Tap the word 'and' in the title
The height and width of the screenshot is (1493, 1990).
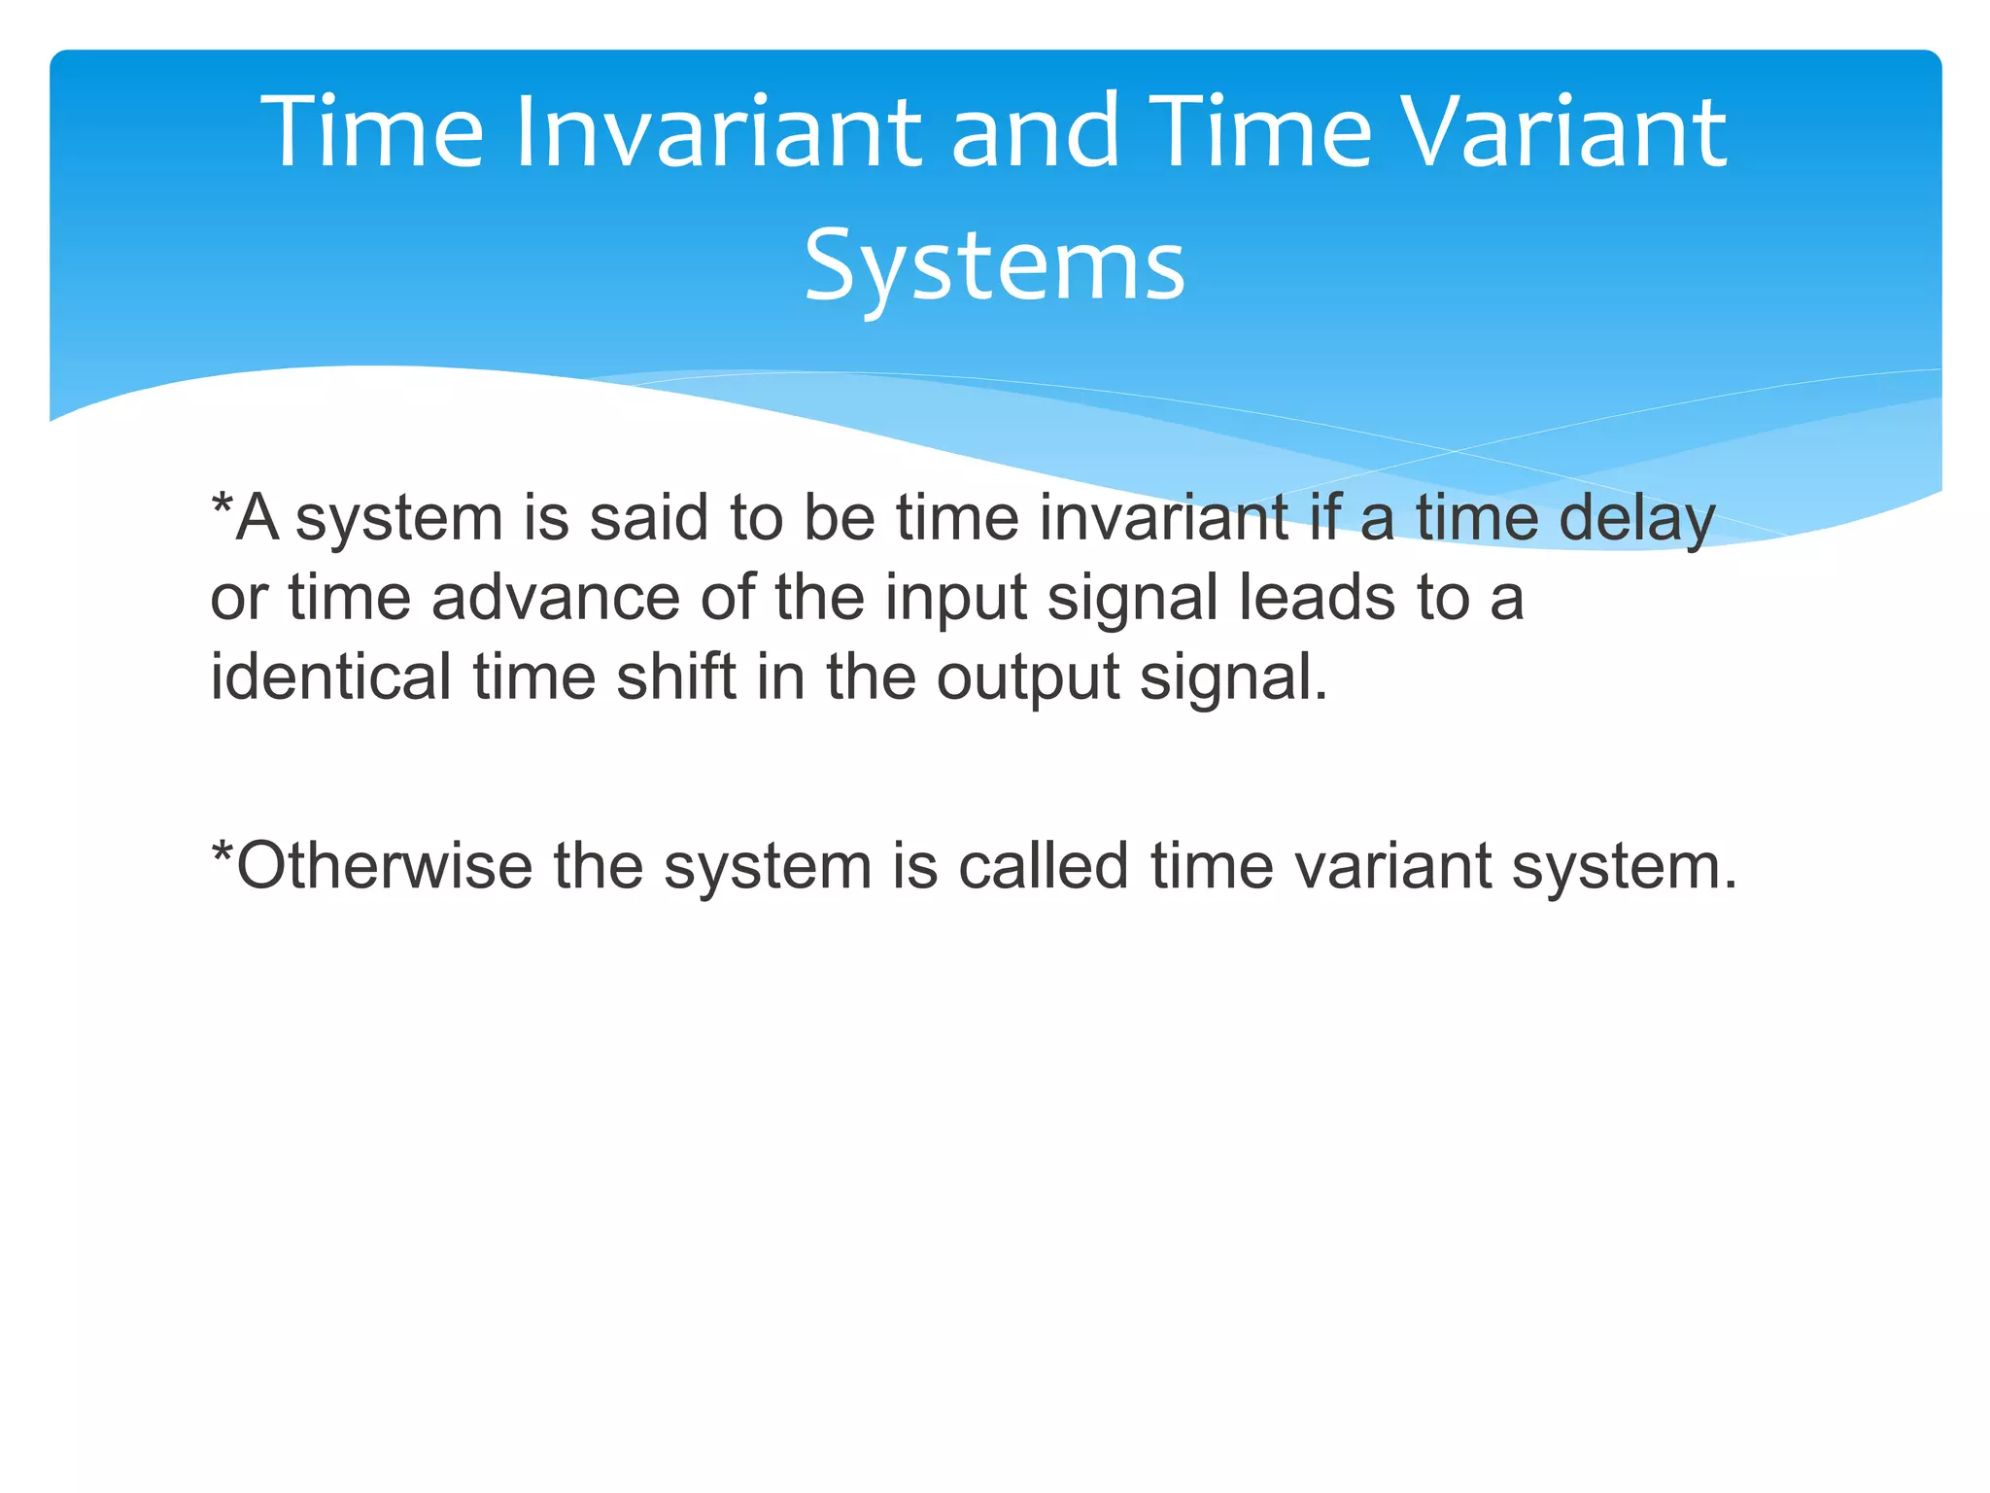pos(1036,133)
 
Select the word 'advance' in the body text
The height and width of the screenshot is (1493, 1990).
pos(555,598)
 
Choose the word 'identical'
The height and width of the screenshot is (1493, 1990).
pos(330,677)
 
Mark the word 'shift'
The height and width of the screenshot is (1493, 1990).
pos(675,677)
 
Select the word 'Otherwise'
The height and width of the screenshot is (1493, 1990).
pos(384,866)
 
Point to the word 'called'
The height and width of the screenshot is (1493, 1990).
pos(1043,866)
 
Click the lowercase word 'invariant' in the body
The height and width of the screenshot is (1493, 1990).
pos(1163,518)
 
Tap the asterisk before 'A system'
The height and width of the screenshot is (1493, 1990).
pos(223,505)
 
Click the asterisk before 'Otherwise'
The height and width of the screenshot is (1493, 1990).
pos(223,853)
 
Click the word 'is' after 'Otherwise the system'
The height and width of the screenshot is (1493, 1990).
pos(914,866)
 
